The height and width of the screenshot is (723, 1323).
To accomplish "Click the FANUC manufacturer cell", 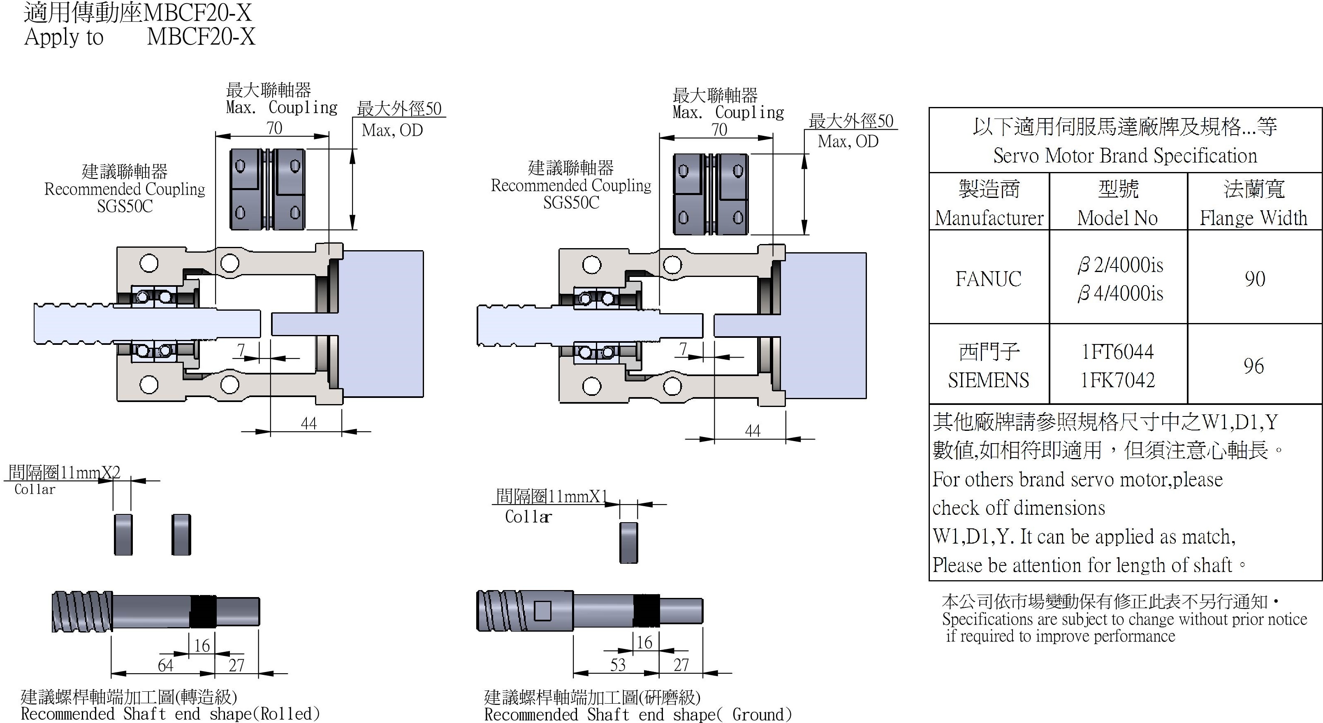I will pos(988,279).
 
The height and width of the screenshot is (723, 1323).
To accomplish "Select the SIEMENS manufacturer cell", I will pos(988,380).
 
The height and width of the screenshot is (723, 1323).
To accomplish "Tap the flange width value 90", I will pos(1254,279).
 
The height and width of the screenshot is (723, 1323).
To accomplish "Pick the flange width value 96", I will pos(1253,366).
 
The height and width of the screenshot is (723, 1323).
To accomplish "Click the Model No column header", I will pos(1117,218).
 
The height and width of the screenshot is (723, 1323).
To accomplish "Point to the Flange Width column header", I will pos(1253,218).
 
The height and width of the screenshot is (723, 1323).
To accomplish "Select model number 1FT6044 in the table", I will pos(1117,352).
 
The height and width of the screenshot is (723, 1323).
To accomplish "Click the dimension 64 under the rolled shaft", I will pos(165,665).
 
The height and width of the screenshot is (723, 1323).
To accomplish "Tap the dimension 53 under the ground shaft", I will pos(618,665).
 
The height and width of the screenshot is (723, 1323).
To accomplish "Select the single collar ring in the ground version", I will pos(629,543).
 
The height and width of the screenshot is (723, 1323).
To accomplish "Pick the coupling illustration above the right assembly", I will pos(711,194).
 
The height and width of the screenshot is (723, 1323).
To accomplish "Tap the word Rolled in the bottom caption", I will pos(287,714).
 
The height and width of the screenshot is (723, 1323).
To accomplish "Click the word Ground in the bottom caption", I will pos(758,715).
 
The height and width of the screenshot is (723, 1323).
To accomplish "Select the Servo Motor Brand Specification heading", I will pos(1125,156).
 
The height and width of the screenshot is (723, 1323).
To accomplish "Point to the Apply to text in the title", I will pos(64,37).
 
